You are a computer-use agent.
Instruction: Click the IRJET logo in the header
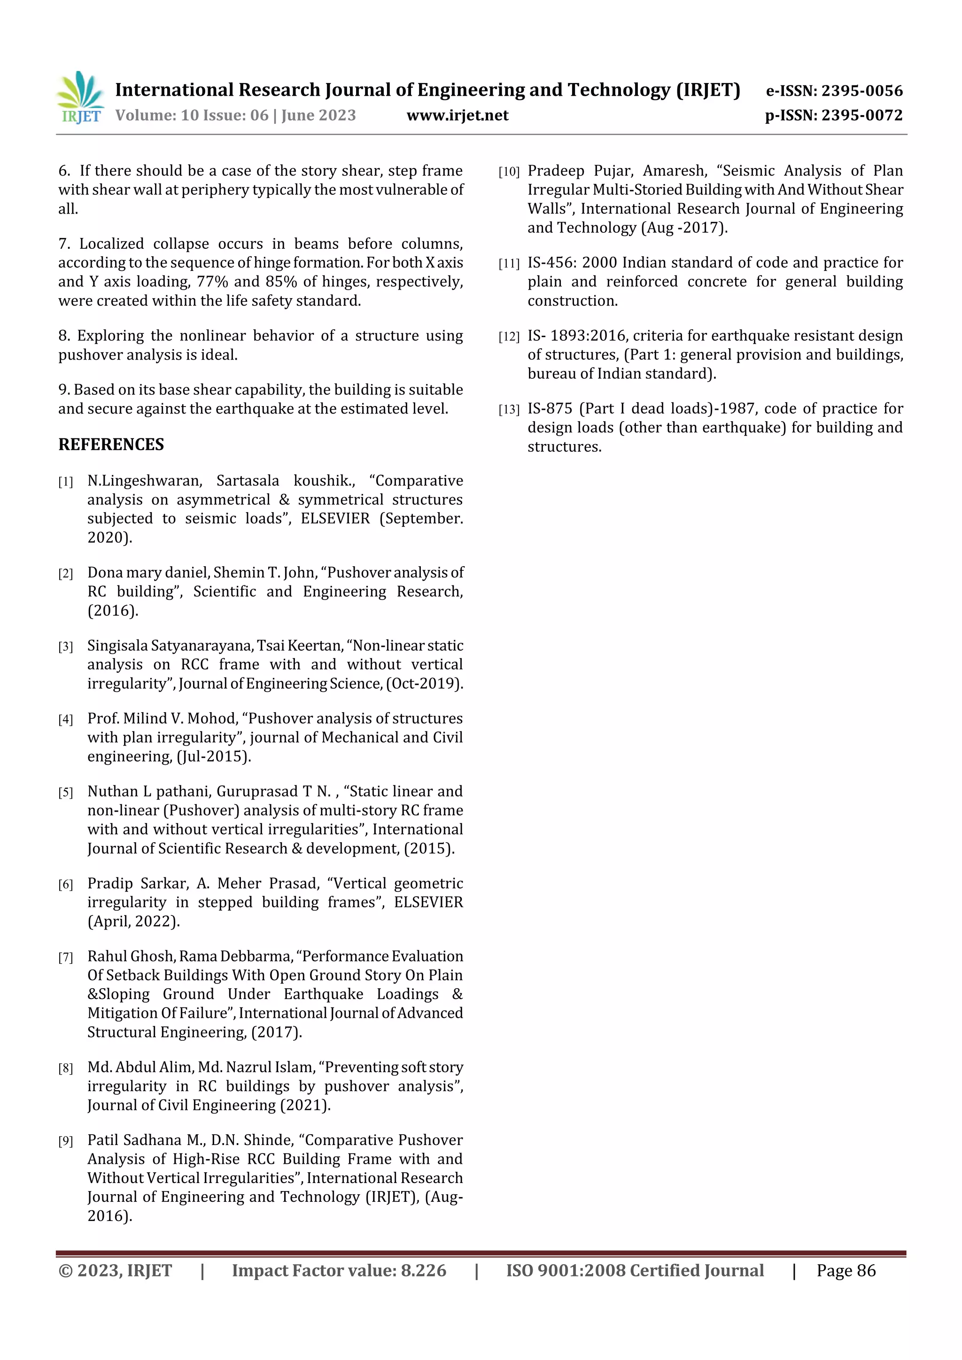(80, 98)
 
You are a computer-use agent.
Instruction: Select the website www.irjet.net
(457, 115)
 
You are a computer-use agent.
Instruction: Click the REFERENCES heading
(111, 444)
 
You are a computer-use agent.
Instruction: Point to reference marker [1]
(65, 482)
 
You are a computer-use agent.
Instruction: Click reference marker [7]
(65, 957)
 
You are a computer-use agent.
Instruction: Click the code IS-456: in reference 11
(552, 262)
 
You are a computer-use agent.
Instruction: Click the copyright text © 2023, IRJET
(115, 1270)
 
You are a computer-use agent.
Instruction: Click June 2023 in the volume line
(318, 115)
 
